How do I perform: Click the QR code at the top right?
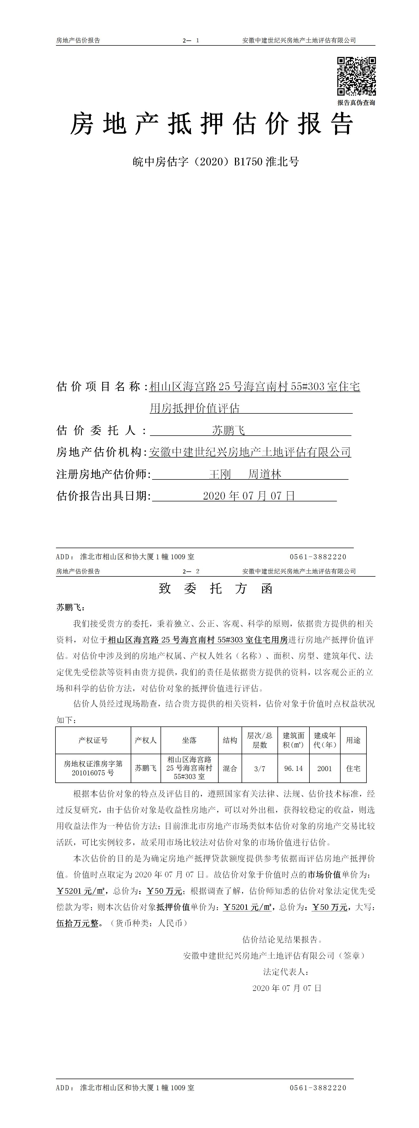(356, 76)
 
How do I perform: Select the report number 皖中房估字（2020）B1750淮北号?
(216, 162)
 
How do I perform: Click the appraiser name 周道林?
(265, 474)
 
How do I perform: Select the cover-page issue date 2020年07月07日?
(249, 496)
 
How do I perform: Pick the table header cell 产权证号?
(93, 740)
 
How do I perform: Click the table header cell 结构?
(230, 740)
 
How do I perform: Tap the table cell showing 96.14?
(293, 768)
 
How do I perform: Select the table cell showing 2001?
(324, 768)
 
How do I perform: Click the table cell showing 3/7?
(260, 768)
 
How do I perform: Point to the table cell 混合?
(230, 768)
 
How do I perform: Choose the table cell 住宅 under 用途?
(353, 768)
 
